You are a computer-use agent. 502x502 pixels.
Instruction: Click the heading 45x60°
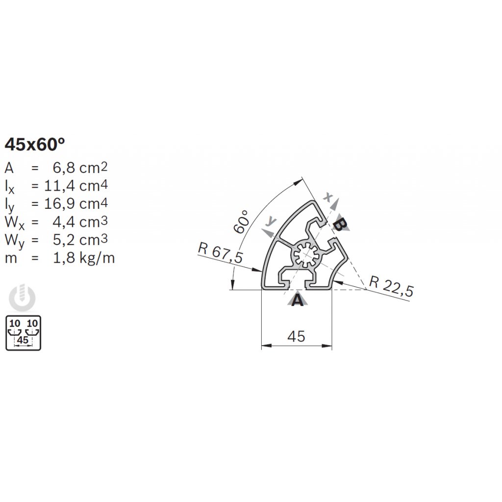(35, 144)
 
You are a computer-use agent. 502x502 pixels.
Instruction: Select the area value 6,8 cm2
(80, 168)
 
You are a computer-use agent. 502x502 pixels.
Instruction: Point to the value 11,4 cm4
(76, 185)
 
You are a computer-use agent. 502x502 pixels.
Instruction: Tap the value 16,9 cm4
(76, 203)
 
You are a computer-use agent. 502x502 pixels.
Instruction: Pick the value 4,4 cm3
(80, 222)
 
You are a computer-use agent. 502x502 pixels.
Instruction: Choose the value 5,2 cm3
(80, 239)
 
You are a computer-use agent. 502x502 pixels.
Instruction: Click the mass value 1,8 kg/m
(83, 258)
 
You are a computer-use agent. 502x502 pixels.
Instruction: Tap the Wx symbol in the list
(14, 223)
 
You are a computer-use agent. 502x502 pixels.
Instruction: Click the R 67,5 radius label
(220, 252)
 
